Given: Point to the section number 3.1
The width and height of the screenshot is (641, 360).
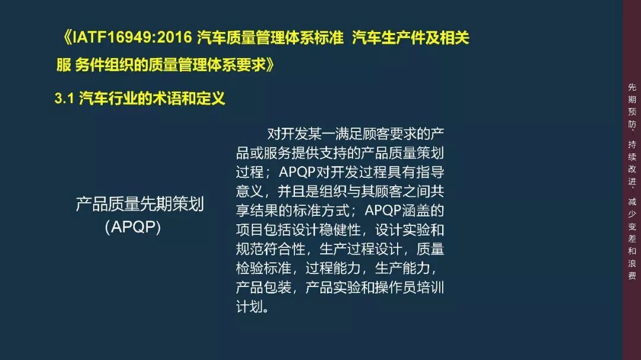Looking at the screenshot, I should [63, 98].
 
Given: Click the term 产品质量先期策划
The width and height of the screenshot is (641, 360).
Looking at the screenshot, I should [139, 205].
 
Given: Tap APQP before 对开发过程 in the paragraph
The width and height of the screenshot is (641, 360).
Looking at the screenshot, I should [299, 173].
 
